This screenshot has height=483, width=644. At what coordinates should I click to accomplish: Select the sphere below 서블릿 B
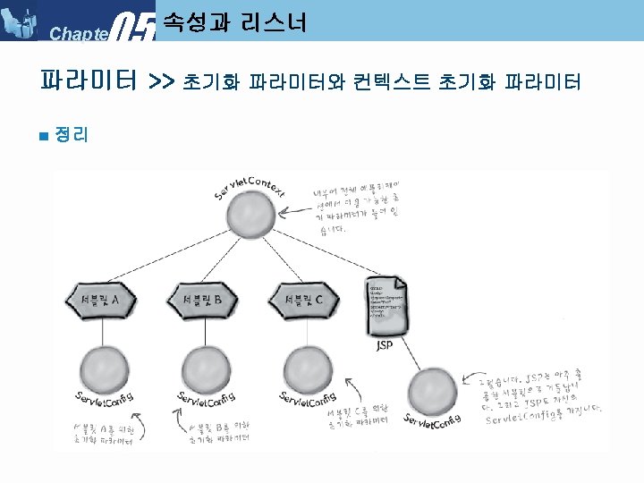coord(207,369)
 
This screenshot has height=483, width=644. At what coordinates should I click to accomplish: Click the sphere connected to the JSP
coord(433,391)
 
